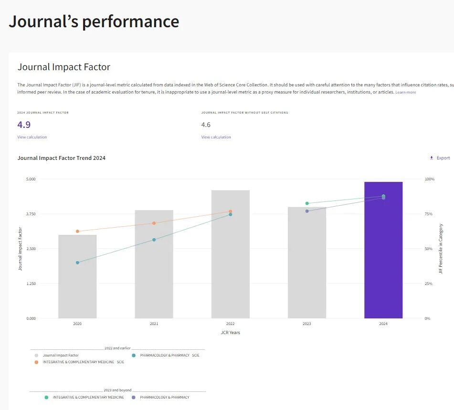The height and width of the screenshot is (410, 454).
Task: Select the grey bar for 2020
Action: [x=77, y=276]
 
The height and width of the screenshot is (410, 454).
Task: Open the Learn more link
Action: [x=405, y=92]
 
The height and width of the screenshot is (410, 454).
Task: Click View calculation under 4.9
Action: [x=32, y=137]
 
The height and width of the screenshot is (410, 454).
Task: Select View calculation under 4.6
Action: [x=216, y=137]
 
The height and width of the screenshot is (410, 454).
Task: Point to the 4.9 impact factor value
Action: [x=24, y=125]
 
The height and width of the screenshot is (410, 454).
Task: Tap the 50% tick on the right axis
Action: [x=429, y=249]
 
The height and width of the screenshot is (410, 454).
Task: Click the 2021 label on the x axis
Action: [x=154, y=324]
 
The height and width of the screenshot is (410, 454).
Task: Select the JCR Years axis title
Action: [x=231, y=333]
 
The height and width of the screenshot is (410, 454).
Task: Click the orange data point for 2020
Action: [x=77, y=231]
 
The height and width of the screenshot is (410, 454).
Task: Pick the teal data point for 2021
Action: [x=154, y=240]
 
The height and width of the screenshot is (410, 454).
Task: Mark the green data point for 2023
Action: [x=307, y=203]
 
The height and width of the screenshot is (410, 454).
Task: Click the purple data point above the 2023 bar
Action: [x=307, y=211]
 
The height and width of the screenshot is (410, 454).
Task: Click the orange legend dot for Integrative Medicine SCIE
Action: [x=36, y=362]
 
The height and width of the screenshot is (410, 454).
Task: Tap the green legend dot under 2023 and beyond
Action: [x=46, y=397]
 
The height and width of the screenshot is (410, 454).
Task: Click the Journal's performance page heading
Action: [x=94, y=21]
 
